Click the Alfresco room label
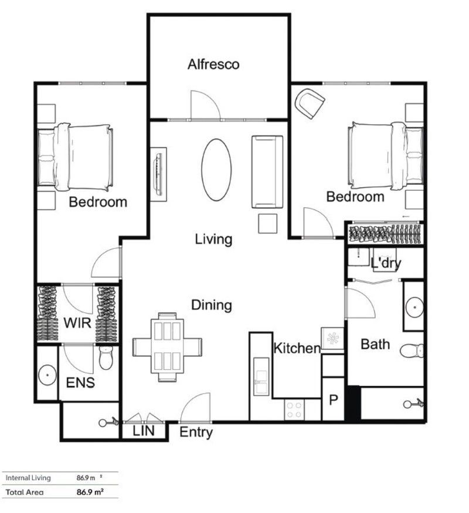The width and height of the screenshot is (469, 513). [213, 65]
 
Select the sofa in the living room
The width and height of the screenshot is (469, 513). [267, 172]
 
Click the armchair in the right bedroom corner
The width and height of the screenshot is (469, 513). [310, 103]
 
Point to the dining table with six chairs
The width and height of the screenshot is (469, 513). [168, 346]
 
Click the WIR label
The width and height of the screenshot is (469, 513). [78, 323]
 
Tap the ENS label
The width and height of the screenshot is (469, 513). [80, 383]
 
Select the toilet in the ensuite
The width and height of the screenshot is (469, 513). [106, 359]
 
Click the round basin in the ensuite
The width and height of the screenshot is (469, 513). [47, 373]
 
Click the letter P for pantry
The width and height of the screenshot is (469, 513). [334, 401]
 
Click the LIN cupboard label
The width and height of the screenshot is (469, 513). [144, 431]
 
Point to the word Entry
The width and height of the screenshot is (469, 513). [196, 433]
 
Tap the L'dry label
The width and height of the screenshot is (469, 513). [386, 263]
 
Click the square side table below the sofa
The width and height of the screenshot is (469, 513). [267, 224]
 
